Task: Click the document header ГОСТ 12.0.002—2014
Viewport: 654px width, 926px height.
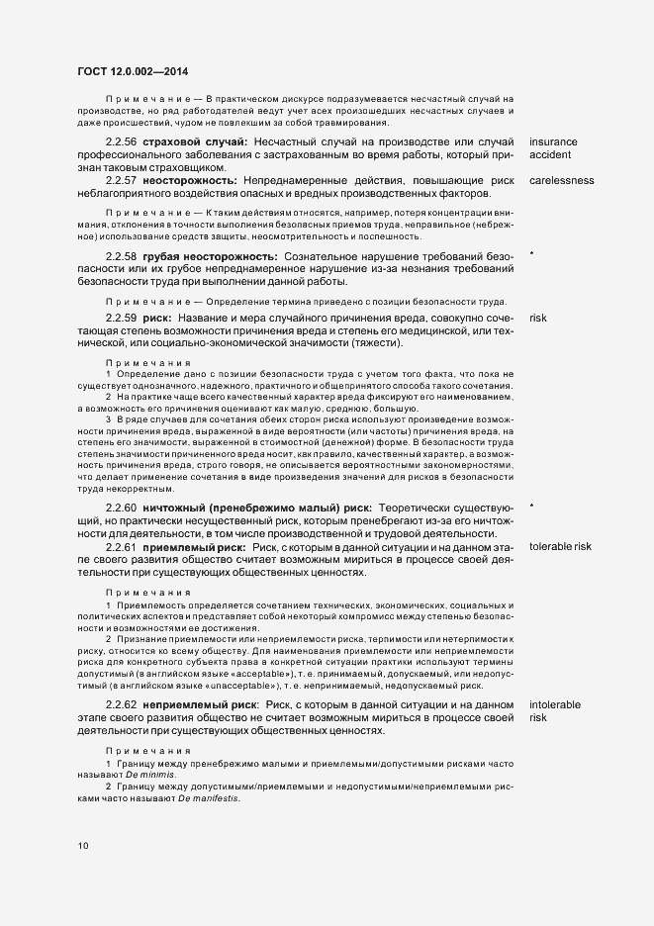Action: [133, 71]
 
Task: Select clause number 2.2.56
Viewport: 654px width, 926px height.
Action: [122, 142]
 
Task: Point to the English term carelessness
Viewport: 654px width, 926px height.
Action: [561, 181]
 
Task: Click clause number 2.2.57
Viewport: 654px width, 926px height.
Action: [122, 181]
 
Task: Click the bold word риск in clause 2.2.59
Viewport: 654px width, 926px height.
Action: [158, 319]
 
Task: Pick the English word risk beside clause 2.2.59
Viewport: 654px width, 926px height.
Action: [538, 319]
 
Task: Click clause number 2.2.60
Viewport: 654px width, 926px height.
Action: [122, 508]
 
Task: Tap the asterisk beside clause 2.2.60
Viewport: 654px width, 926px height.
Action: [532, 507]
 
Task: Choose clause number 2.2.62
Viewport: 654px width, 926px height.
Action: [122, 703]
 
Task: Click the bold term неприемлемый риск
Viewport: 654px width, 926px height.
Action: [201, 703]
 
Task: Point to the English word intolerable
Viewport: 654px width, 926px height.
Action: [555, 703]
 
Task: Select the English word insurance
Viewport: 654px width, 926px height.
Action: [553, 142]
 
